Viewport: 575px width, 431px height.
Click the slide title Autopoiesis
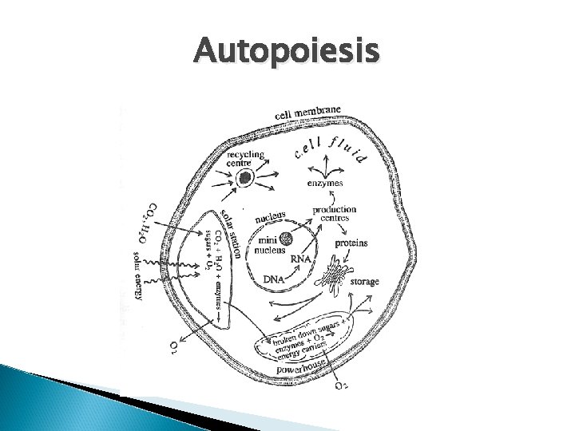[287, 53]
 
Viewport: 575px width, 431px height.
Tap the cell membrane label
[308, 114]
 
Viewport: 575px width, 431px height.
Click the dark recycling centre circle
[245, 178]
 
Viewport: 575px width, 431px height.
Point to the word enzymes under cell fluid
[325, 184]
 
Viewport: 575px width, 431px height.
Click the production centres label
[335, 215]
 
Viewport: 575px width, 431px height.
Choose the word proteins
[351, 243]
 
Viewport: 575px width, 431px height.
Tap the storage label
[364, 282]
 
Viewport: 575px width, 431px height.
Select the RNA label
[301, 259]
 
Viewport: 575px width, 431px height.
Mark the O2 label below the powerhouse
[340, 387]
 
